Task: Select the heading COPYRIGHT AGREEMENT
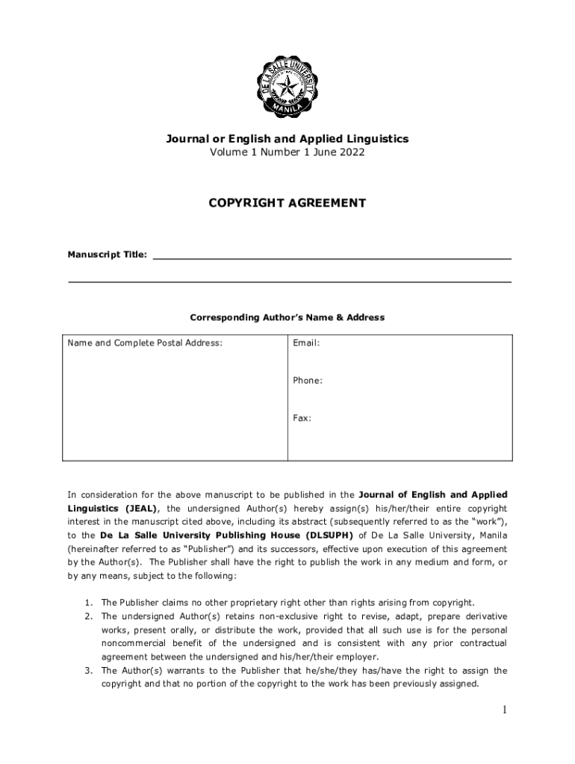click(287, 203)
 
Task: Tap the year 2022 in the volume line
click(352, 152)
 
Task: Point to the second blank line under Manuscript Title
click(290, 282)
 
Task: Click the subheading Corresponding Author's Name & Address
click(287, 317)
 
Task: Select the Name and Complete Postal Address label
click(145, 343)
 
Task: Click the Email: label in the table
click(306, 343)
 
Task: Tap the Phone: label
click(308, 381)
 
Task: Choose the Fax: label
click(302, 418)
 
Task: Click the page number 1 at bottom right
click(505, 710)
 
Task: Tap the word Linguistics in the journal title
click(376, 139)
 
